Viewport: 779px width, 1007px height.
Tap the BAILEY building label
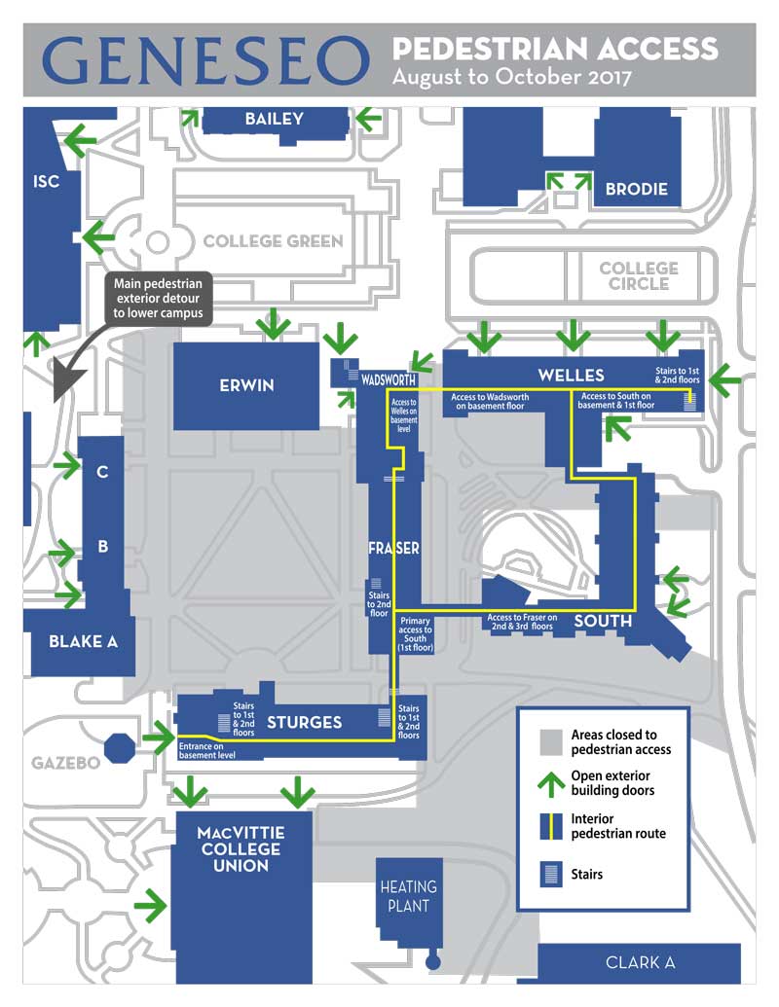click(274, 120)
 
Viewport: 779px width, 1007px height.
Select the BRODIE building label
click(636, 189)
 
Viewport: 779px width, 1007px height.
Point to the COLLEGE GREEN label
click(273, 241)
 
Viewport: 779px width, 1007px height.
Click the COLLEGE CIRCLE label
click(639, 275)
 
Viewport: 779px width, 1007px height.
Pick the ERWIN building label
click(246, 385)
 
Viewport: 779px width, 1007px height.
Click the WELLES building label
click(571, 375)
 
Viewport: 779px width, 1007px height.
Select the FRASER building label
click(394, 549)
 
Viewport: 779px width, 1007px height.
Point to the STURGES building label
click(304, 722)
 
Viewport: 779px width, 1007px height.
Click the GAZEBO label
click(65, 763)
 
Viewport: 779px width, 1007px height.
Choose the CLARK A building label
click(640, 962)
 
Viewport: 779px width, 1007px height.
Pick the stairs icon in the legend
click(550, 874)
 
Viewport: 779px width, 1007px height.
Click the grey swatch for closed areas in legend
click(550, 741)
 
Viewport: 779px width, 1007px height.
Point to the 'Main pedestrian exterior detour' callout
click(158, 299)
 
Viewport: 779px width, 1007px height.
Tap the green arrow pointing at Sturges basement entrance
click(158, 740)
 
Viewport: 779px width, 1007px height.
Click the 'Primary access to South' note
click(416, 633)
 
